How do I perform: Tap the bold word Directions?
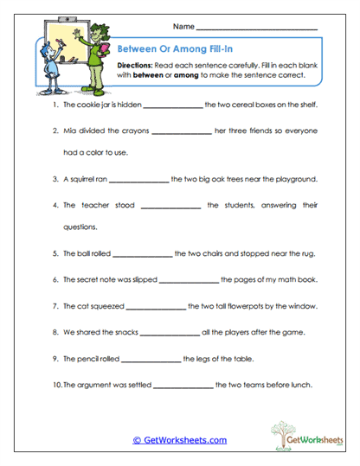(x=136, y=65)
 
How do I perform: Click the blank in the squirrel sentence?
(x=139, y=181)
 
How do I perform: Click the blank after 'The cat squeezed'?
(x=156, y=307)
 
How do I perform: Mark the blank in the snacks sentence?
(x=169, y=333)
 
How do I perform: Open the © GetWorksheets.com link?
(x=180, y=440)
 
